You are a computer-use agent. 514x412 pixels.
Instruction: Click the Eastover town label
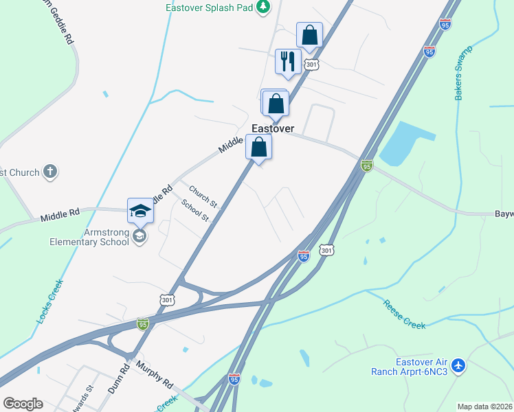click(273, 128)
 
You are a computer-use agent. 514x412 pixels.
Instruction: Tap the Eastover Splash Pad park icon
click(262, 8)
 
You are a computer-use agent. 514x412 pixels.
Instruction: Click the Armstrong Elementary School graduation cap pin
click(139, 211)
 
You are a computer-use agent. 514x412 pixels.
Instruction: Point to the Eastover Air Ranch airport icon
click(459, 365)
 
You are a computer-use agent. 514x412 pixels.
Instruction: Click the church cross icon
click(50, 172)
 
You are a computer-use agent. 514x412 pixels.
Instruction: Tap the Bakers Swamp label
click(459, 75)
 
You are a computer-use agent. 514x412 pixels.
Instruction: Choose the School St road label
click(195, 210)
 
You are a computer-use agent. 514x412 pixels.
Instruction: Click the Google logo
click(23, 404)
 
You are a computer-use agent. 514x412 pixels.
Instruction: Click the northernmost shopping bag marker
click(309, 35)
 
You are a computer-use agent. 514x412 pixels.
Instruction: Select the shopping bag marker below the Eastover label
click(258, 147)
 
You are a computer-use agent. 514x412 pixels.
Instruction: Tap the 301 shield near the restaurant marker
click(311, 65)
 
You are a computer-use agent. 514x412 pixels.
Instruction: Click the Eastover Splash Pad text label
click(209, 8)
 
